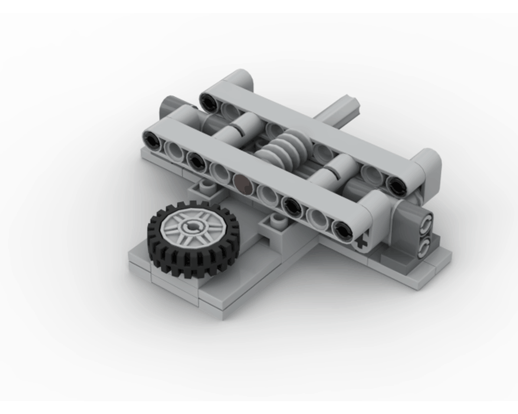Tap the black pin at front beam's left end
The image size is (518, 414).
[152, 139]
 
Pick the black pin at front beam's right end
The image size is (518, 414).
[341, 231]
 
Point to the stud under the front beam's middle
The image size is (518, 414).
[279, 222]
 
